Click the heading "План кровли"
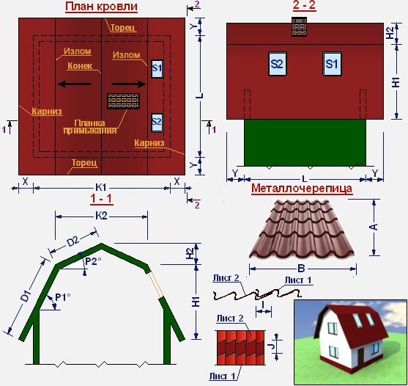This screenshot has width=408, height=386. [101, 7]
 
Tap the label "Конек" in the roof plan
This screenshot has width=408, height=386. [80, 66]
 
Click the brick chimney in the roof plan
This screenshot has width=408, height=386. [123, 101]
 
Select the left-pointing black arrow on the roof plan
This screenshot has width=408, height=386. [74, 84]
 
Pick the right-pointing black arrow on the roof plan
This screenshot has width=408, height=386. [130, 84]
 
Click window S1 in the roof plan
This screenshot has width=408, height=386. [157, 69]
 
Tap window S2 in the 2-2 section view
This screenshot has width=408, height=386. [278, 64]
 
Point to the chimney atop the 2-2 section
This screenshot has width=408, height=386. [299, 26]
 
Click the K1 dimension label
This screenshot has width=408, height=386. [101, 187]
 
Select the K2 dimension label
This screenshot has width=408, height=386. [101, 216]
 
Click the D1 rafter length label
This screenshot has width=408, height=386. [26, 296]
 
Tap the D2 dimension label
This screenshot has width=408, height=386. [73, 241]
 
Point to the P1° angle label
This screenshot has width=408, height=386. [63, 297]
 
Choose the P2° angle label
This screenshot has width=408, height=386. [93, 261]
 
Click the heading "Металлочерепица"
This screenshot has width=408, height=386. [302, 188]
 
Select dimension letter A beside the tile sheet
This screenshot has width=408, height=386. [374, 227]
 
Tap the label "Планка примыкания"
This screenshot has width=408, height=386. [90, 127]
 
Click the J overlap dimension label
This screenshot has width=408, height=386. [272, 346]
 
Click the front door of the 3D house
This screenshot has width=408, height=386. [360, 357]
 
